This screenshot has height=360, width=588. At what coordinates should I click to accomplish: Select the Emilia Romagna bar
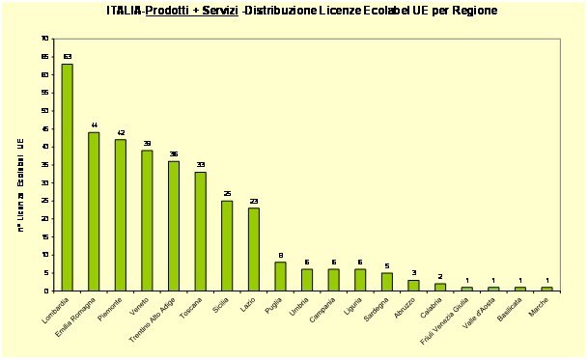pyautogui.click(x=94, y=211)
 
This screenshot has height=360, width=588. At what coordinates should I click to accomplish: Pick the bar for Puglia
pyautogui.click(x=280, y=276)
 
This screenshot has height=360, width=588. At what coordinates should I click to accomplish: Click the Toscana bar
pyautogui.click(x=200, y=231)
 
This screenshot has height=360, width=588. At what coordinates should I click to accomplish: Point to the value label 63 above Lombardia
pyautogui.click(x=68, y=57)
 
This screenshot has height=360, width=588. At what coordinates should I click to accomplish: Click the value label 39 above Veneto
pyautogui.click(x=147, y=143)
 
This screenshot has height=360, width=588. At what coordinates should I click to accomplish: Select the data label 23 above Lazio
pyautogui.click(x=253, y=201)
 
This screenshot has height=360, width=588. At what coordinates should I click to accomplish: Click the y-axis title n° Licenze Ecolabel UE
pyautogui.click(x=20, y=183)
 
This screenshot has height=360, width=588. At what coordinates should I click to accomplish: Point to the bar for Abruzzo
pyautogui.click(x=413, y=286)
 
